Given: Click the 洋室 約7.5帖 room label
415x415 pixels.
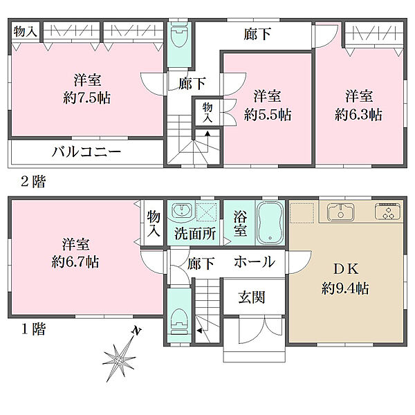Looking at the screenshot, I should tap(81, 88).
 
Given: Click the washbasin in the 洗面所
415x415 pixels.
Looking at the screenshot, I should tap(182, 211).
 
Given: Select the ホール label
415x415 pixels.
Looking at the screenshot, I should tap(254, 262).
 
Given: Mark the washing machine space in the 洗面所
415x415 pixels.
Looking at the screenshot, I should tap(206, 211).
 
